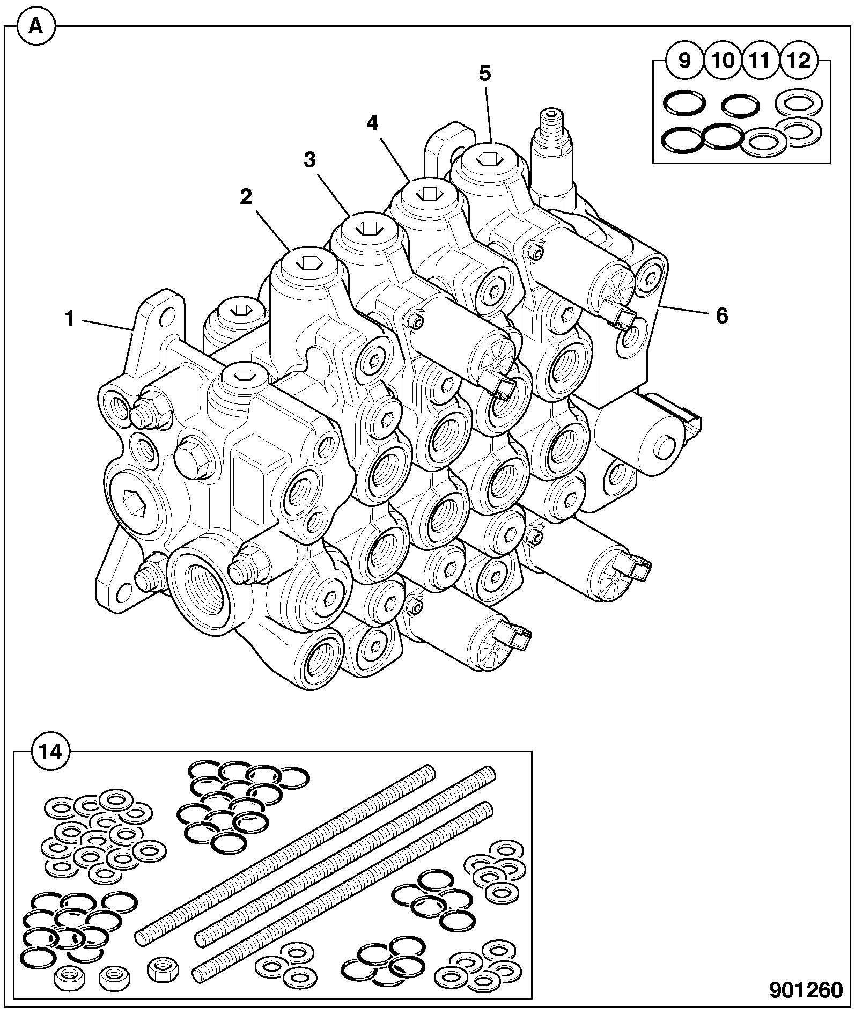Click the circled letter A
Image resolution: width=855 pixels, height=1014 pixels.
tap(35, 26)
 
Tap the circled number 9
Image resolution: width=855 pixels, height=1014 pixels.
tap(685, 61)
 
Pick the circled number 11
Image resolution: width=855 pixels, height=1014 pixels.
tap(760, 61)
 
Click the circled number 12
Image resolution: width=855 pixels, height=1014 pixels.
tap(799, 61)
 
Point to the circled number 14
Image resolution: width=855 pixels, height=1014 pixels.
tap(51, 752)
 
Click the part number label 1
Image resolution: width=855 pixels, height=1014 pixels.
tap(69, 319)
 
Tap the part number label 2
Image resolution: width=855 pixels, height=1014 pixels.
tap(246, 197)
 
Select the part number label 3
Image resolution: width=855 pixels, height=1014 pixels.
tap(309, 160)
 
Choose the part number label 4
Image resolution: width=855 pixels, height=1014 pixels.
tap(372, 123)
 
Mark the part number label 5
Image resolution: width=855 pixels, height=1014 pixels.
tap(484, 74)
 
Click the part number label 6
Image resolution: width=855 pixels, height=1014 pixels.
tap(722, 317)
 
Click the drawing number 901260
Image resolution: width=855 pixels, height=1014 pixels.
tap(806, 990)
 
